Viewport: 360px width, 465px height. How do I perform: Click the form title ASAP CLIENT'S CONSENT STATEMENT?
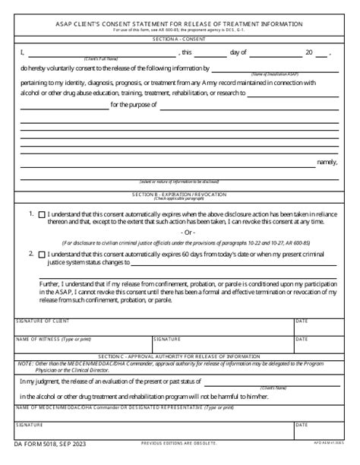point(180,24)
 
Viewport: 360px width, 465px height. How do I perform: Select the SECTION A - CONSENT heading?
point(179,38)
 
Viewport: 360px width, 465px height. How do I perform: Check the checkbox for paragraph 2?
point(41,255)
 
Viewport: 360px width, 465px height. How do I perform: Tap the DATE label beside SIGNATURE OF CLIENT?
point(302,320)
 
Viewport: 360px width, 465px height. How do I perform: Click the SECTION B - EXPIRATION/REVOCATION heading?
point(179,195)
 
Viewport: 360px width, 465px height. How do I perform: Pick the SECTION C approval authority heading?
point(179,356)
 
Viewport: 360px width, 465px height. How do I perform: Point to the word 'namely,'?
point(327,161)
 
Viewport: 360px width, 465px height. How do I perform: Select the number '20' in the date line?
point(309,52)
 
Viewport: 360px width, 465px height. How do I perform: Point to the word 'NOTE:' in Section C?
point(24,363)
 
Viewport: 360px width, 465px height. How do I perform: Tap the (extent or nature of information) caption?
point(179,182)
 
